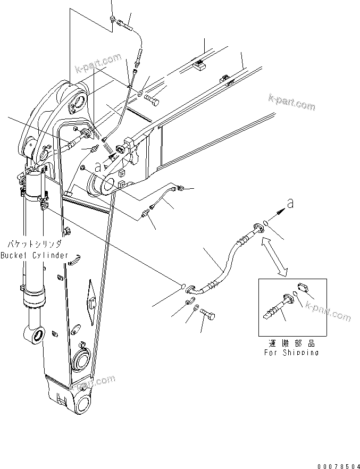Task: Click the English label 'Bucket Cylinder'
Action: click(34, 255)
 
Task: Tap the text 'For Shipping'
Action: click(291, 353)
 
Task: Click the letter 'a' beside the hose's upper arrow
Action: click(289, 203)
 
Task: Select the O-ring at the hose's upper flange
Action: click(265, 223)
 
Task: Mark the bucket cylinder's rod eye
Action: click(34, 335)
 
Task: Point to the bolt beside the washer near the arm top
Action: click(155, 99)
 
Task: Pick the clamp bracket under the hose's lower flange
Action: click(189, 302)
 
